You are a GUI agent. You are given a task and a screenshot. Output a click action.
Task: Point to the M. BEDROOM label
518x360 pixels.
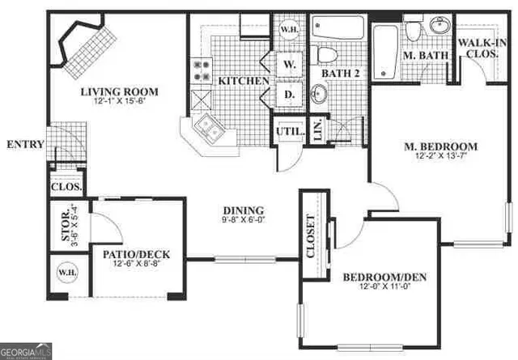click(x=441, y=146)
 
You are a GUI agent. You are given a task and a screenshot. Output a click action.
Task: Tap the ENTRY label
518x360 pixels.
click(x=24, y=145)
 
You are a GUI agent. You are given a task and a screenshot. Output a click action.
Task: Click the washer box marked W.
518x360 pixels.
click(x=288, y=62)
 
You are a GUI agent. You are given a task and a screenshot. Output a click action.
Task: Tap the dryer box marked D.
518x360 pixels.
click(x=288, y=94)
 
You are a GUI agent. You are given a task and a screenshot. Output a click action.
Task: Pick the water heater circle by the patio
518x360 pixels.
click(x=64, y=272)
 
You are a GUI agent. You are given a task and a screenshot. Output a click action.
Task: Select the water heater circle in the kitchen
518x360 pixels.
click(x=287, y=30)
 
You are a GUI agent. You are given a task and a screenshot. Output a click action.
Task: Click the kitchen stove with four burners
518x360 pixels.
click(x=200, y=71)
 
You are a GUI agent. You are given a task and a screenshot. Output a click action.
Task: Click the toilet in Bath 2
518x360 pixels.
click(x=328, y=53)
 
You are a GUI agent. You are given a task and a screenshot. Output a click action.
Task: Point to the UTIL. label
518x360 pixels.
click(x=289, y=130)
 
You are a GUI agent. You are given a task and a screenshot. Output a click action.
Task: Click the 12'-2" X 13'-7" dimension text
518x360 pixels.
click(x=441, y=157)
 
